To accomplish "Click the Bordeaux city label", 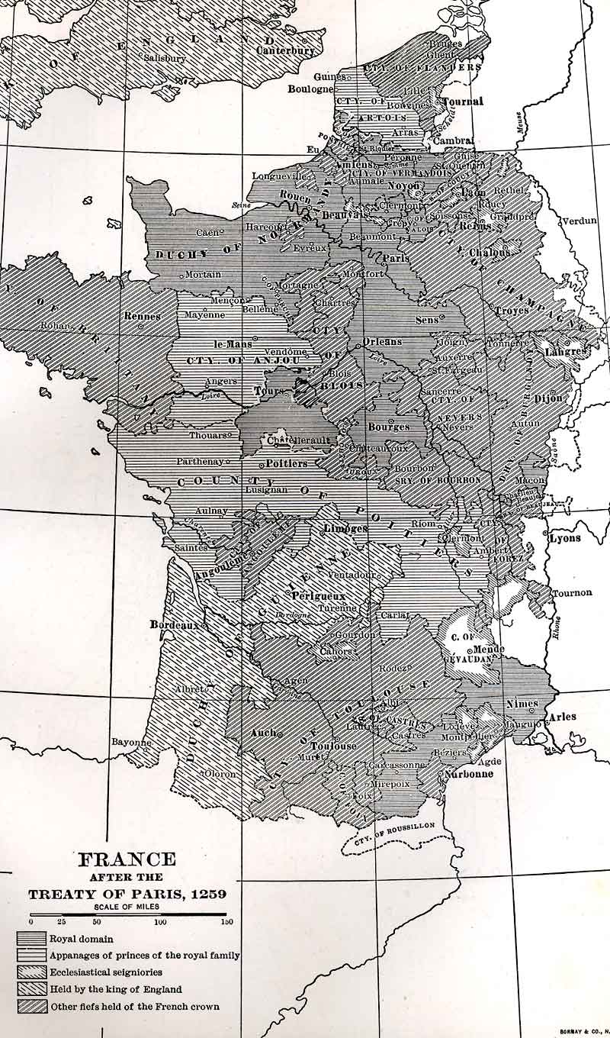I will pos(173,624).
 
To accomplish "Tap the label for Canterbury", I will pos(286,50).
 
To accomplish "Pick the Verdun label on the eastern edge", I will pos(579,221).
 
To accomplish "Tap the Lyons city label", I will pos(564,537).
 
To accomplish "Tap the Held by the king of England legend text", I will pos(116,989).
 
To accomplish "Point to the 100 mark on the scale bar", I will pos(161,922).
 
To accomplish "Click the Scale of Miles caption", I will pos(128,907).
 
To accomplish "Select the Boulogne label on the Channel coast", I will pos(310,89).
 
